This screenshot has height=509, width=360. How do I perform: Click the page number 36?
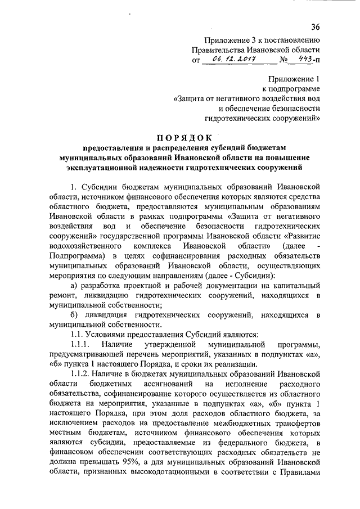click(315, 26)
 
